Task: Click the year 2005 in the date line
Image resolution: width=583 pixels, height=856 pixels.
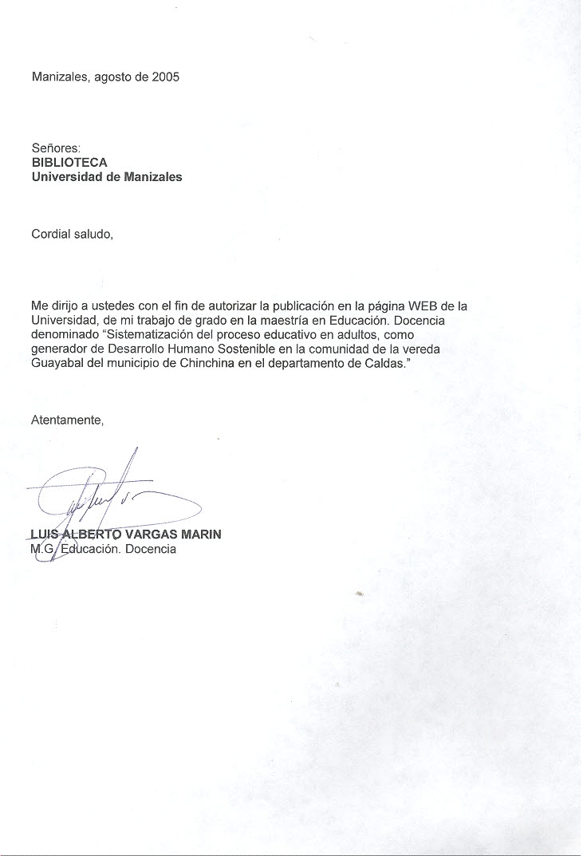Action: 166,77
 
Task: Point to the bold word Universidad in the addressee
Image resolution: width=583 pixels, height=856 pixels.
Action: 66,177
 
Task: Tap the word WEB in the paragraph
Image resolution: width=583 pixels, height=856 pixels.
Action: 423,306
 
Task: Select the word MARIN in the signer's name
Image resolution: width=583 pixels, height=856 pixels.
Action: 203,535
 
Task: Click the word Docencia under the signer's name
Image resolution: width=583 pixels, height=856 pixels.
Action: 150,549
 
